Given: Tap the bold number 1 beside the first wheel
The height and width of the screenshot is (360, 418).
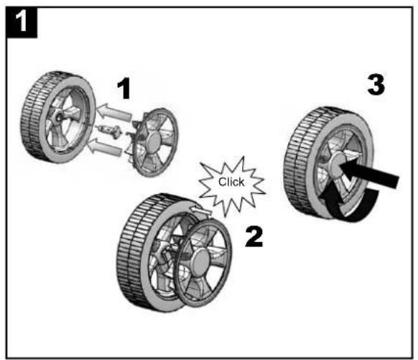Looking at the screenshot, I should pos(124,90).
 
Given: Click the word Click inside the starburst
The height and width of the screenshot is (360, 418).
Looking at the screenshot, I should pos(231,183).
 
